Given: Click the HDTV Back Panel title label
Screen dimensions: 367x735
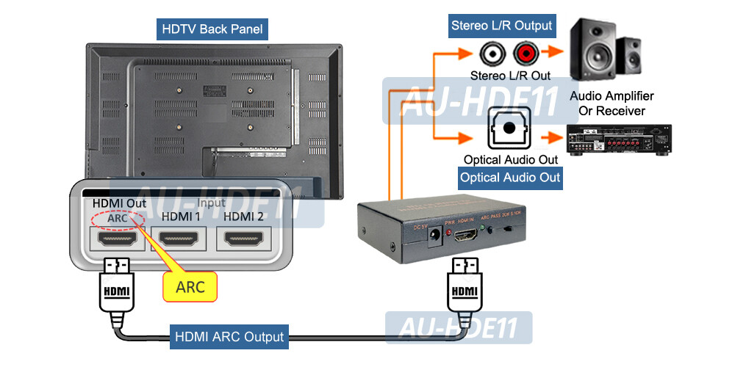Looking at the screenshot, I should pos(212,30).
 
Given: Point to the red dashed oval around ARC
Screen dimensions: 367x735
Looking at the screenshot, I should pos(113,218).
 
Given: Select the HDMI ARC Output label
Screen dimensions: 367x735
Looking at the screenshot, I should pos(229,337).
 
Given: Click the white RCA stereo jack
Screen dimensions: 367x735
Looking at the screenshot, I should pos(490,53).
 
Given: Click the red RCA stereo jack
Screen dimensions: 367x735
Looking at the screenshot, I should pos(526,53).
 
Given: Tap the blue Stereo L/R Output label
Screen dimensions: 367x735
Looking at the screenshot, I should pos(501,26).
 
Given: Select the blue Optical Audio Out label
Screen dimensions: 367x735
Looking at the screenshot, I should pos(510,178).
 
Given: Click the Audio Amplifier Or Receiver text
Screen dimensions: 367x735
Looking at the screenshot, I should pos(611,103).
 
